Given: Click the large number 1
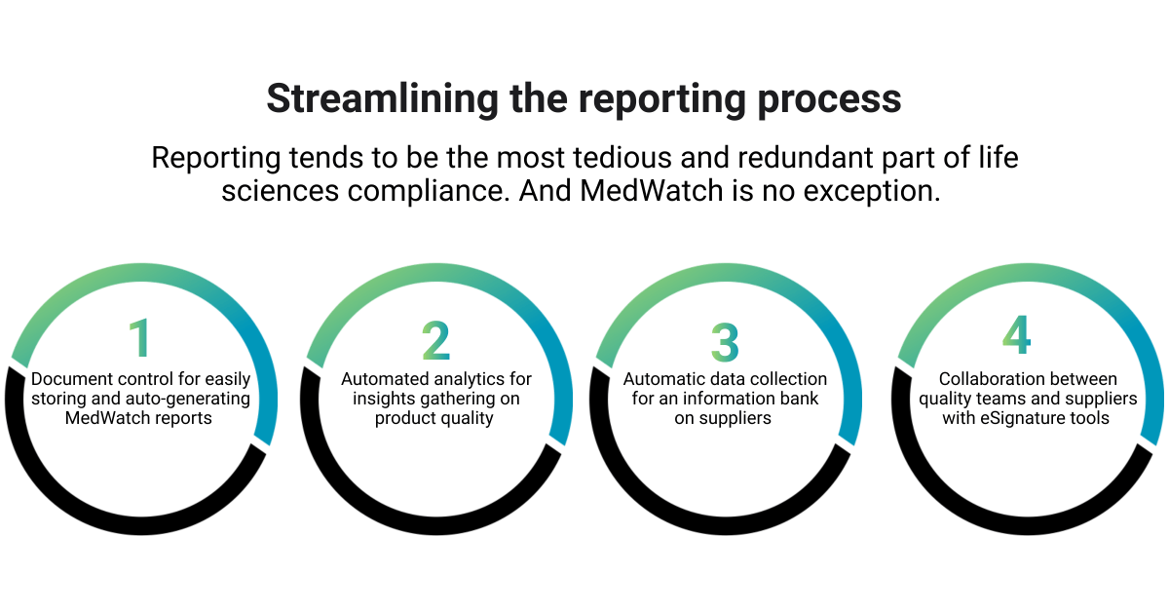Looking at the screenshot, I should (x=141, y=339).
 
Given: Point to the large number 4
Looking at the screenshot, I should (x=1016, y=336).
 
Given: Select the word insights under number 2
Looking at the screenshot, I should (x=383, y=399).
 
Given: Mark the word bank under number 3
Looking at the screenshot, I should (x=798, y=399).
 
